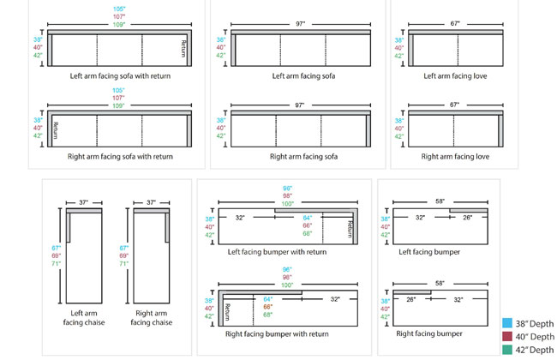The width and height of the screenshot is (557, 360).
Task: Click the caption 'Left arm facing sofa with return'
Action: (120, 76)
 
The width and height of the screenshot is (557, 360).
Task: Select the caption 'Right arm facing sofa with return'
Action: (120, 157)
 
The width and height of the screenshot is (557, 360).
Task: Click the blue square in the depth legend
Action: (507, 322)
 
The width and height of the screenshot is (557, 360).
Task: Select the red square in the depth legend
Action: (507, 336)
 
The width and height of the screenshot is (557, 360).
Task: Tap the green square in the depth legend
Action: (507, 350)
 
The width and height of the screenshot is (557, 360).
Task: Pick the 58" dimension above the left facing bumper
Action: (439, 201)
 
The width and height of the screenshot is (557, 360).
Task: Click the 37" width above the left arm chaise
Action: (84, 202)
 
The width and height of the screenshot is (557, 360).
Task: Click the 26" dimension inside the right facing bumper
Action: (410, 300)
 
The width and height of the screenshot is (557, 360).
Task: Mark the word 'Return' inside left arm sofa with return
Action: (183, 49)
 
